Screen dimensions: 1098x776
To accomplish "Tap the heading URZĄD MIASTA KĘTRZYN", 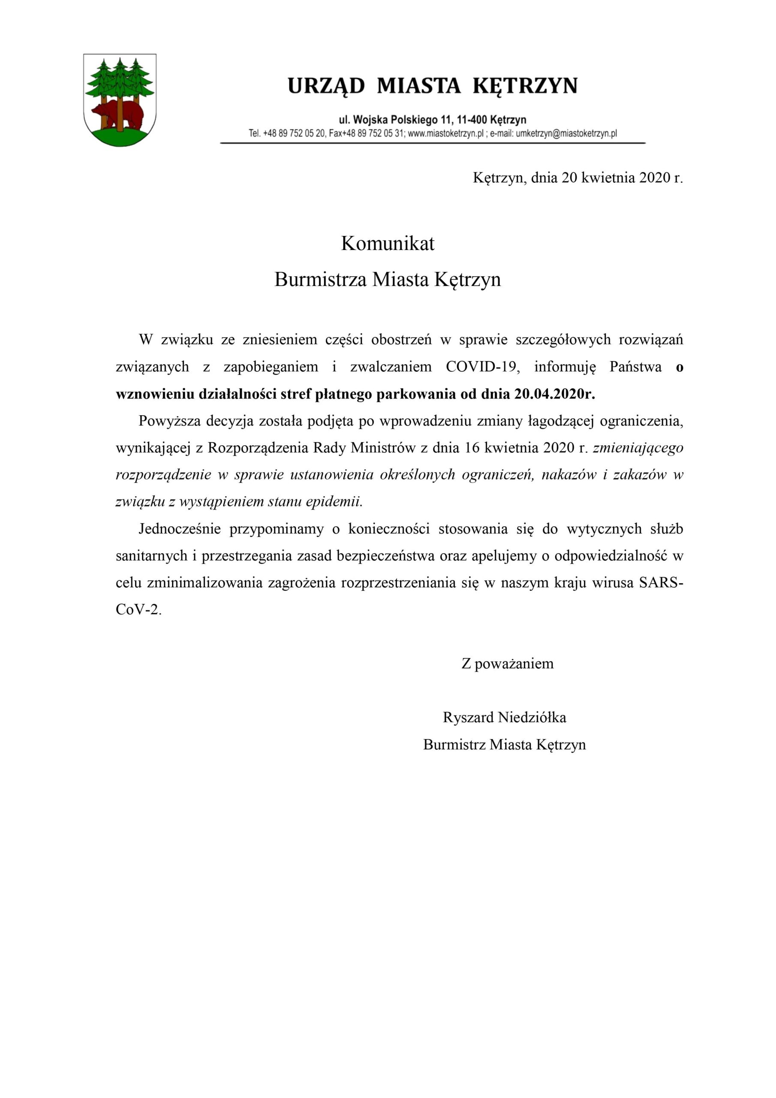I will click(x=432, y=86).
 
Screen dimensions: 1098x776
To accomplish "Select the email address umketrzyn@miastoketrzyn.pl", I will click(x=566, y=133).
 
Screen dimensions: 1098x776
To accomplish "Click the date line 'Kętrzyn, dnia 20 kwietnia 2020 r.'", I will click(x=577, y=178).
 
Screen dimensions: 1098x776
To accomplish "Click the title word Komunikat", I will click(x=387, y=244).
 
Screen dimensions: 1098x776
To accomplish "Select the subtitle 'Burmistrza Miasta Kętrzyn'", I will click(x=387, y=279).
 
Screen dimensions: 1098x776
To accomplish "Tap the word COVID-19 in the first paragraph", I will click(x=482, y=367).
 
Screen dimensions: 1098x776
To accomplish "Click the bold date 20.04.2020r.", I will click(x=555, y=394).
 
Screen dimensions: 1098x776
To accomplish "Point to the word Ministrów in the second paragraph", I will click(x=383, y=448).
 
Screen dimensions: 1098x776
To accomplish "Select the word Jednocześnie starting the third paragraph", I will click(x=179, y=529).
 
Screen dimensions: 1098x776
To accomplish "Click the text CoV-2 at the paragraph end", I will click(x=137, y=610).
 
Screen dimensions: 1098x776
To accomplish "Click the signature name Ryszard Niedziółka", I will click(x=505, y=717).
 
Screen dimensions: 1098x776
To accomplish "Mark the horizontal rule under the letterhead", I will click(x=432, y=143).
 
